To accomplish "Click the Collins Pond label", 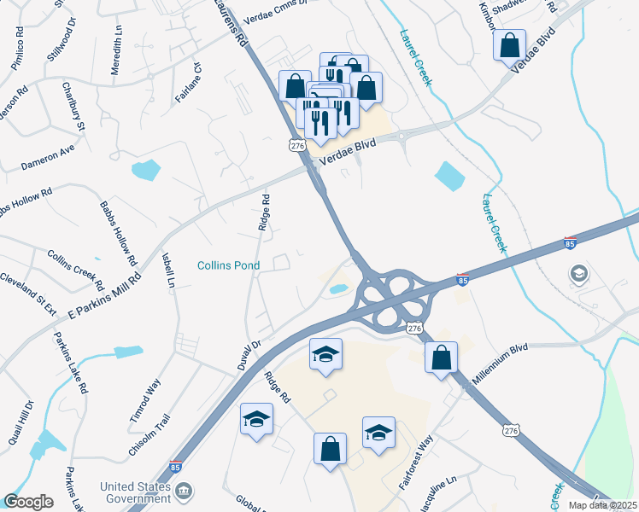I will point(229,265).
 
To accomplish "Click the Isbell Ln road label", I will point(168,270).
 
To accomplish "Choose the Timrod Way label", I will point(152,398).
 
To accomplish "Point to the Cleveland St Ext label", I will point(28,293).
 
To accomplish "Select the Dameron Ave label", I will point(47,152).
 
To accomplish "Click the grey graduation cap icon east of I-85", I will point(579,274).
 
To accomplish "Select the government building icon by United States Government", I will point(184,492).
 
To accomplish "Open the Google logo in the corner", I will point(28,502).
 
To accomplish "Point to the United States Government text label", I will point(135,493).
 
